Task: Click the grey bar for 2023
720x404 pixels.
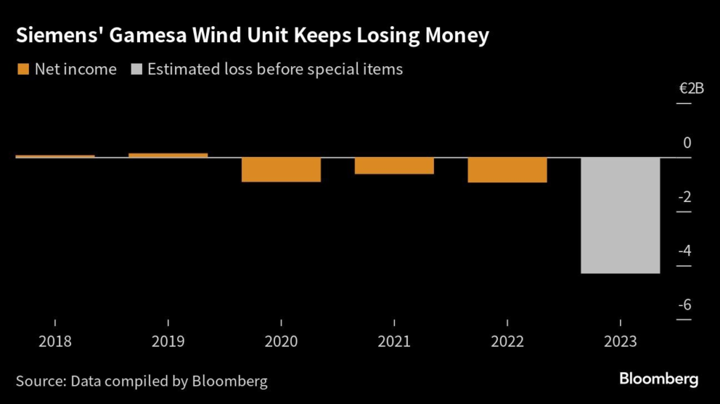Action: point(620,215)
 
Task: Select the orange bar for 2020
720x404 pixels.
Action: point(281,170)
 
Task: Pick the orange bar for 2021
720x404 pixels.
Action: point(394,165)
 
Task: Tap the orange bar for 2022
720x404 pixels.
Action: point(507,170)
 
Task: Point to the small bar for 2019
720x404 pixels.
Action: point(168,155)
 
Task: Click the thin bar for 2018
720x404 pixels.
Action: point(55,156)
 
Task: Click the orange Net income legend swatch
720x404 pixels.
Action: point(22,69)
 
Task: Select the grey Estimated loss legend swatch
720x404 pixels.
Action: point(136,69)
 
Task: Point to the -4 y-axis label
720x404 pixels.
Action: point(683,251)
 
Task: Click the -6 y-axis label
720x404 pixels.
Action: point(683,305)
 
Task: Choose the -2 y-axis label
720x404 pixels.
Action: point(683,196)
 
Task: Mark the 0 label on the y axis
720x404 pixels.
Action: point(687,143)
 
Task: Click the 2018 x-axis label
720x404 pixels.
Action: point(55,342)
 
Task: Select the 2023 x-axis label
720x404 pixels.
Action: point(620,342)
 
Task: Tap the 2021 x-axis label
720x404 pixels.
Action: point(394,342)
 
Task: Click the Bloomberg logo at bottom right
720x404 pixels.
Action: point(659,379)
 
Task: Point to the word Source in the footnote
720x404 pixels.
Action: point(39,381)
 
